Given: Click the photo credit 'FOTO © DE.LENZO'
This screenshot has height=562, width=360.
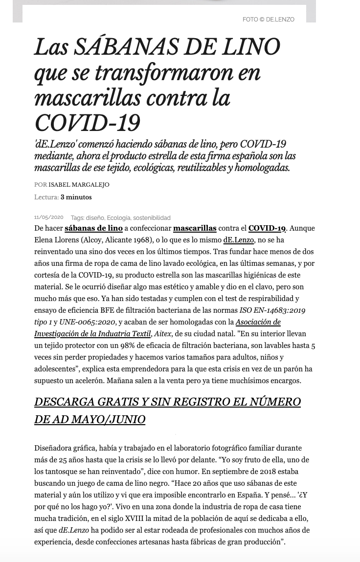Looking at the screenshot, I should pyautogui.click(x=268, y=20).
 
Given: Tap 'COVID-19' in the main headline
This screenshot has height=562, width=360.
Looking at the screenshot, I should pyautogui.click(x=87, y=123).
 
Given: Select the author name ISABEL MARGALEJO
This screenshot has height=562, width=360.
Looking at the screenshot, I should pyautogui.click(x=79, y=185).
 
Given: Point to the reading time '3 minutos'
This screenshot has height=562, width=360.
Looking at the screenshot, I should pyautogui.click(x=76, y=197).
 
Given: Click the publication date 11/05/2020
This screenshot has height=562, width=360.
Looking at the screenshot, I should pyautogui.click(x=49, y=217).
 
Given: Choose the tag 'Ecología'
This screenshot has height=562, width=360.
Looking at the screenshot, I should pyautogui.click(x=118, y=218).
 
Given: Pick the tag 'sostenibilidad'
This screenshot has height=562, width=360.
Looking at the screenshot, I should pyautogui.click(x=152, y=218).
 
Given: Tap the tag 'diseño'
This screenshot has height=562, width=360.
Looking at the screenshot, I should pyautogui.click(x=95, y=218).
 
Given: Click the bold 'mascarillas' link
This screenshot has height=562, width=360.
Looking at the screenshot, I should pyautogui.click(x=195, y=228).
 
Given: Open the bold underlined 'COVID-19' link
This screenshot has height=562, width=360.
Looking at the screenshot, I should pyautogui.click(x=267, y=228).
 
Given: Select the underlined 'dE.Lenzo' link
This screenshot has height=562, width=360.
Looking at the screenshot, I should pyautogui.click(x=239, y=240).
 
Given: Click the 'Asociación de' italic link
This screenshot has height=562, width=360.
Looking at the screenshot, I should pyautogui.click(x=258, y=322).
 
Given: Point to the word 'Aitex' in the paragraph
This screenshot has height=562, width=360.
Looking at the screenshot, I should pyautogui.click(x=162, y=334).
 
